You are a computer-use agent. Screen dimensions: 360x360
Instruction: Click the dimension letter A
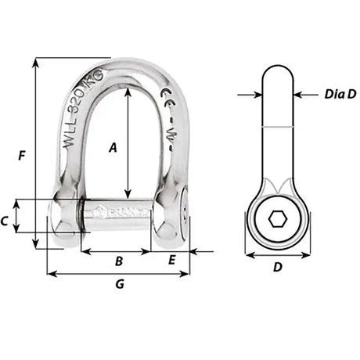(113, 146)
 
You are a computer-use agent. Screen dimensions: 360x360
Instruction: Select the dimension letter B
(118, 261)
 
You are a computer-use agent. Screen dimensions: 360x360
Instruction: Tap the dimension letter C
(7, 221)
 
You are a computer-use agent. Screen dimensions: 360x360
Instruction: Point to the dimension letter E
(172, 261)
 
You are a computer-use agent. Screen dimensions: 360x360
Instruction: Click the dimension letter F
(20, 156)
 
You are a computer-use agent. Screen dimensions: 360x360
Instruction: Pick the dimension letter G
(120, 284)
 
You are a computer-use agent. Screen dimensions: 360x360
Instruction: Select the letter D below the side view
(277, 267)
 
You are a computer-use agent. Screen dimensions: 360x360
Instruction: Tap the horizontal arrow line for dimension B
(116, 252)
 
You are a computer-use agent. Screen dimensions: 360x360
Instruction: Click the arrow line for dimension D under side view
(277, 255)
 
